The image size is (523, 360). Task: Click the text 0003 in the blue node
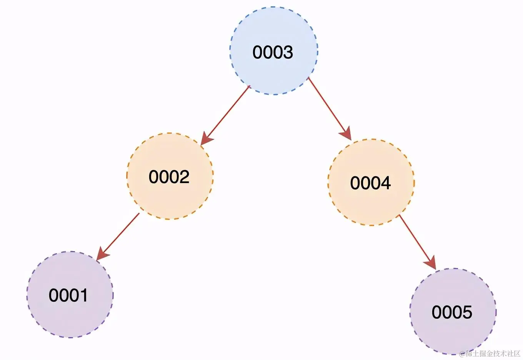[273, 52]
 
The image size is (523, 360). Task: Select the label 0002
[169, 177]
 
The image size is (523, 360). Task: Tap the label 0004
[370, 183]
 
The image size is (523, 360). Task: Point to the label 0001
[68, 295]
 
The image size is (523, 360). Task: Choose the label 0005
[452, 312]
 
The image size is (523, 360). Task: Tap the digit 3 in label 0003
[288, 52]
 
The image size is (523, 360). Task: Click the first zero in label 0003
[258, 52]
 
